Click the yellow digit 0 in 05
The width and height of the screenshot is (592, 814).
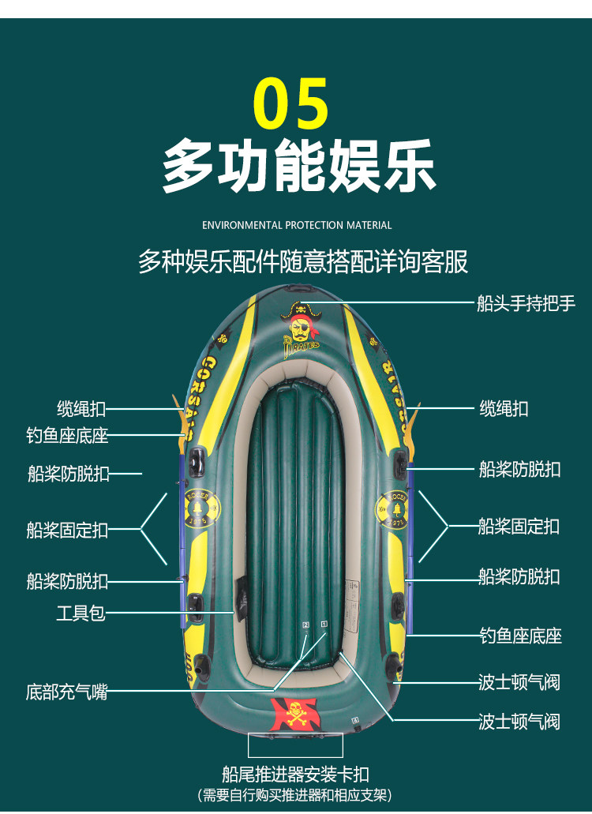coord(274,103)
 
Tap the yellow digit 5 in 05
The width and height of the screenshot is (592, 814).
coord(313,103)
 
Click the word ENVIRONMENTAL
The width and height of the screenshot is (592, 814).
coord(242,225)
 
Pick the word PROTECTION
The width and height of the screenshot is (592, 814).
coord(315,225)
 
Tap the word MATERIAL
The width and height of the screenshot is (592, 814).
coord(369,225)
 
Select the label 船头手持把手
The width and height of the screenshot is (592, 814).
coord(526,303)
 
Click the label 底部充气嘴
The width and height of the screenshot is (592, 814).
coord(66,692)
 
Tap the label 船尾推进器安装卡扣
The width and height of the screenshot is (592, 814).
coord(295,774)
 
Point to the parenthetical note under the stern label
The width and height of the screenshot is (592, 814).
coord(295,794)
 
